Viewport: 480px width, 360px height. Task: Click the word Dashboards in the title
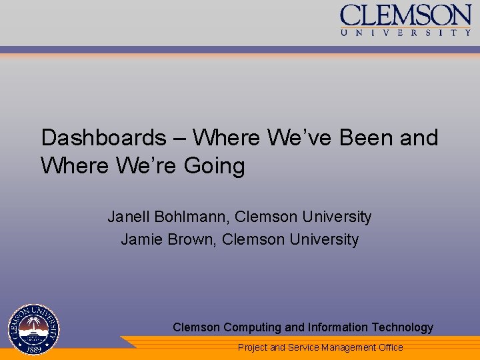pyautogui.click(x=103, y=138)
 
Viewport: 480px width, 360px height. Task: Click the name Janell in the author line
pyautogui.click(x=129, y=217)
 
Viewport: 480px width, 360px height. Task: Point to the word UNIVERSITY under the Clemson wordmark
pyautogui.click(x=405, y=32)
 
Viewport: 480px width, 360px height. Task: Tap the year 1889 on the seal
pyautogui.click(x=33, y=348)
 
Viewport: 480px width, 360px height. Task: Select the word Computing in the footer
pyautogui.click(x=253, y=327)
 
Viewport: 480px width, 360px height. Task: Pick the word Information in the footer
pyautogui.click(x=337, y=327)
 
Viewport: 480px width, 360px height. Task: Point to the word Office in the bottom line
pyautogui.click(x=391, y=347)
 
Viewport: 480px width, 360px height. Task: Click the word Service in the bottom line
pyautogui.click(x=303, y=347)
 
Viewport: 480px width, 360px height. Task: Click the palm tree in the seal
pyautogui.click(x=33, y=324)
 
